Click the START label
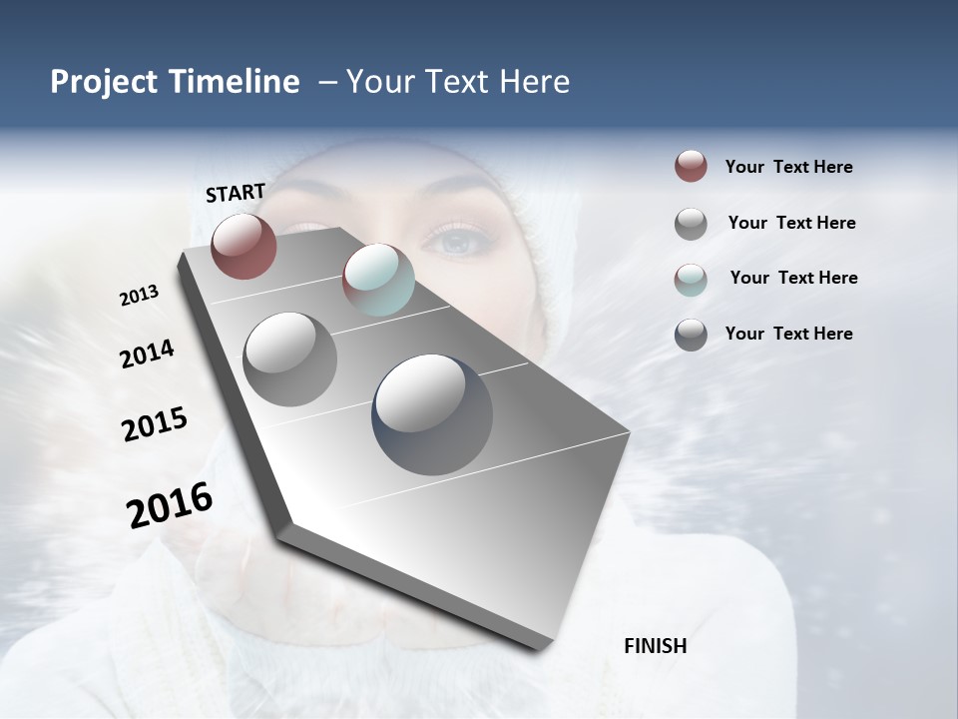pyautogui.click(x=236, y=193)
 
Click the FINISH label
pyautogui.click(x=655, y=646)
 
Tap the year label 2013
pyautogui.click(x=139, y=296)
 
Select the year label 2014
pyautogui.click(x=147, y=355)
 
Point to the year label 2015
pyautogui.click(x=154, y=424)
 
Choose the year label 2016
pyautogui.click(x=170, y=505)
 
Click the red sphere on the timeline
pyautogui.click(x=243, y=246)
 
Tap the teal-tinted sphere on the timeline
pyautogui.click(x=378, y=280)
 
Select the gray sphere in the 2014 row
pyautogui.click(x=289, y=359)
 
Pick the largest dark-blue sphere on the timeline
pyautogui.click(x=432, y=414)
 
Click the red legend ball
pyautogui.click(x=691, y=167)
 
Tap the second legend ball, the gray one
pyautogui.click(x=691, y=224)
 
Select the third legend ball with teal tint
pyautogui.click(x=691, y=279)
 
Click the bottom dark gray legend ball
pyautogui.click(x=691, y=335)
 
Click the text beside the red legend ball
pyautogui.click(x=788, y=167)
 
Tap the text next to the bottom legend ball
pyautogui.click(x=788, y=334)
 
